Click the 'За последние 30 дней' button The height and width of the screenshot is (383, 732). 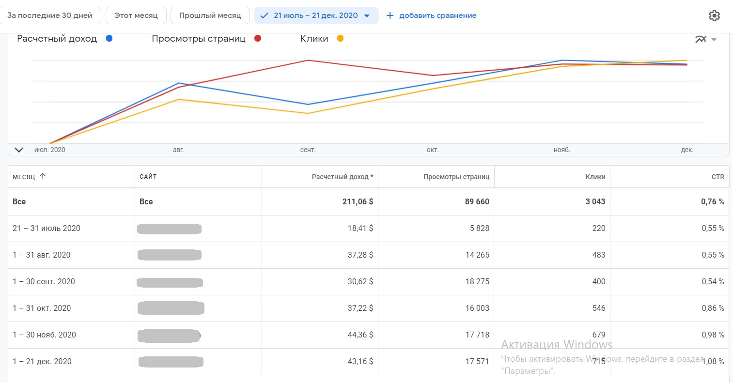click(50, 15)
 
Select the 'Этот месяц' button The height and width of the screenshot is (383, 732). click(136, 15)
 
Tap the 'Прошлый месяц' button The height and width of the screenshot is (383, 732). click(210, 15)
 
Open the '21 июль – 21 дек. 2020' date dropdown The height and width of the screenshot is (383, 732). click(316, 15)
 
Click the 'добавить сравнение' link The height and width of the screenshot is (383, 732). click(432, 15)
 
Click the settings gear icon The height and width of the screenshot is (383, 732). click(714, 16)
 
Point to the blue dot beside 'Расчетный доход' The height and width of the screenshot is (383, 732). click(109, 39)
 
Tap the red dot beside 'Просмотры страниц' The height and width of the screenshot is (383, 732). click(258, 39)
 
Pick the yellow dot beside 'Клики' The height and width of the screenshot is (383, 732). click(340, 39)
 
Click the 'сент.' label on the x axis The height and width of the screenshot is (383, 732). click(308, 150)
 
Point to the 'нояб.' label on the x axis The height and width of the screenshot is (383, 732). click(561, 150)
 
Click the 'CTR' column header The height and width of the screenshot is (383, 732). click(717, 177)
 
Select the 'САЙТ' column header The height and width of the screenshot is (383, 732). click(148, 177)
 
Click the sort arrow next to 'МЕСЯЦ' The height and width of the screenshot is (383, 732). click(43, 176)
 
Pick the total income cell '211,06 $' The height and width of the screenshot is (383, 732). click(358, 201)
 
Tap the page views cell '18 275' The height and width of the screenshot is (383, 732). click(477, 281)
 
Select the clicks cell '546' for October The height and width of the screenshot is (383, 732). click(596, 308)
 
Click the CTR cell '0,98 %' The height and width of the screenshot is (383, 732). click(713, 335)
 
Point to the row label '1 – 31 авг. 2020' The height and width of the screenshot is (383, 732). click(41, 255)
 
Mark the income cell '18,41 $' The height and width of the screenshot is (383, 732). click(360, 228)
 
